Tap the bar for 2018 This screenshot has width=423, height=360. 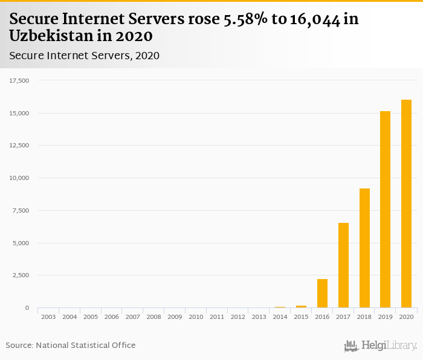[x=364, y=248]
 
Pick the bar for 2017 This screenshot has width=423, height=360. [x=343, y=265]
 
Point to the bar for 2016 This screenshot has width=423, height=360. [x=322, y=294]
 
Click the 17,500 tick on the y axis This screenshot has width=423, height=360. [x=19, y=80]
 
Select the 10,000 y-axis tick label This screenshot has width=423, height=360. [x=19, y=178]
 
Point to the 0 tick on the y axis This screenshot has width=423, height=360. [x=27, y=308]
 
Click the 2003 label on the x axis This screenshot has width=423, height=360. [x=48, y=317]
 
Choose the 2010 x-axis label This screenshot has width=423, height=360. [x=195, y=317]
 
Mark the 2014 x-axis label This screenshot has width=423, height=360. [x=280, y=317]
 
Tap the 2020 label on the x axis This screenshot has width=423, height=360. [x=406, y=317]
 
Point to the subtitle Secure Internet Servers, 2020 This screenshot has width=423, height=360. [x=84, y=56]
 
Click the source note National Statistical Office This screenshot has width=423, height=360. [x=86, y=345]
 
